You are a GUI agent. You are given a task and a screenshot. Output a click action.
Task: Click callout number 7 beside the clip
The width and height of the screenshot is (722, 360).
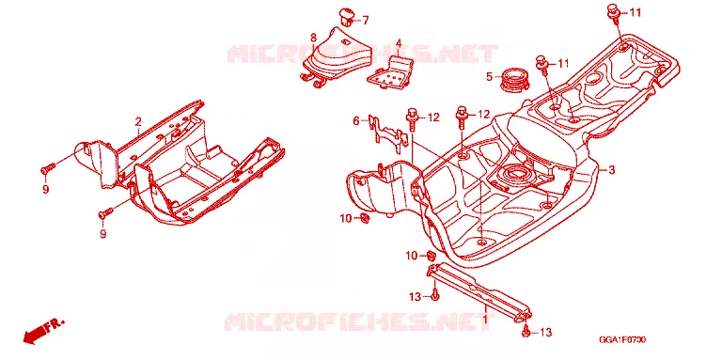(x=365, y=21)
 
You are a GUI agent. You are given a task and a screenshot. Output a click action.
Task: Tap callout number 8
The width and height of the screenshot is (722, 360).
(x=313, y=37)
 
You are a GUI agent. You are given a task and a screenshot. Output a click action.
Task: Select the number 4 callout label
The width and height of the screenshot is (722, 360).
(x=399, y=43)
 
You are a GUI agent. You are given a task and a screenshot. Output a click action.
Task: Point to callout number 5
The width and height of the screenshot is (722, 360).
(x=490, y=76)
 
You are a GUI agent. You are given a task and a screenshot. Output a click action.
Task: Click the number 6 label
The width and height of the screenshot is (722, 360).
(x=356, y=121)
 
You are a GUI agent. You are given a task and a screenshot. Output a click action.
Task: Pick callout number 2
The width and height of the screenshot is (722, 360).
(x=137, y=122)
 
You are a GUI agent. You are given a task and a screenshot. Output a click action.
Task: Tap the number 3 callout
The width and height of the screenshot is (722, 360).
(x=611, y=170)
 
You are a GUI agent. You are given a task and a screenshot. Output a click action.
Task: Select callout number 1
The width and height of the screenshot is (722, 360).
(x=485, y=317)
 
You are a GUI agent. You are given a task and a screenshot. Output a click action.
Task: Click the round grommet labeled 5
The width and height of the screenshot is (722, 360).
(x=513, y=80)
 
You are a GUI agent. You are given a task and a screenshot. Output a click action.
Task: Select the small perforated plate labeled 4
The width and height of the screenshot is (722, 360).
(x=390, y=72)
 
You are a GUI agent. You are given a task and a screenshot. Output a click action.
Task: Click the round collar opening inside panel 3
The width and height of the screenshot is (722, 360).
(x=514, y=174)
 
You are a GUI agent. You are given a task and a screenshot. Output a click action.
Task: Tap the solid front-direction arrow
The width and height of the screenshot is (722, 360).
(x=36, y=334)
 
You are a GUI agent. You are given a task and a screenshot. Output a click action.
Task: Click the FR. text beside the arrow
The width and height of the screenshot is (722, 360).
(x=55, y=323)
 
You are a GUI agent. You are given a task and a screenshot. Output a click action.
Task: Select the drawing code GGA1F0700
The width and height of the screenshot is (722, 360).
(x=621, y=339)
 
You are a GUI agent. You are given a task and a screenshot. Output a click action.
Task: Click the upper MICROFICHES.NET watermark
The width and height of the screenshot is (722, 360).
(x=363, y=54)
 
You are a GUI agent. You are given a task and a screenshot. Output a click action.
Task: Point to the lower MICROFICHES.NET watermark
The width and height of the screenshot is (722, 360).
(x=360, y=321)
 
